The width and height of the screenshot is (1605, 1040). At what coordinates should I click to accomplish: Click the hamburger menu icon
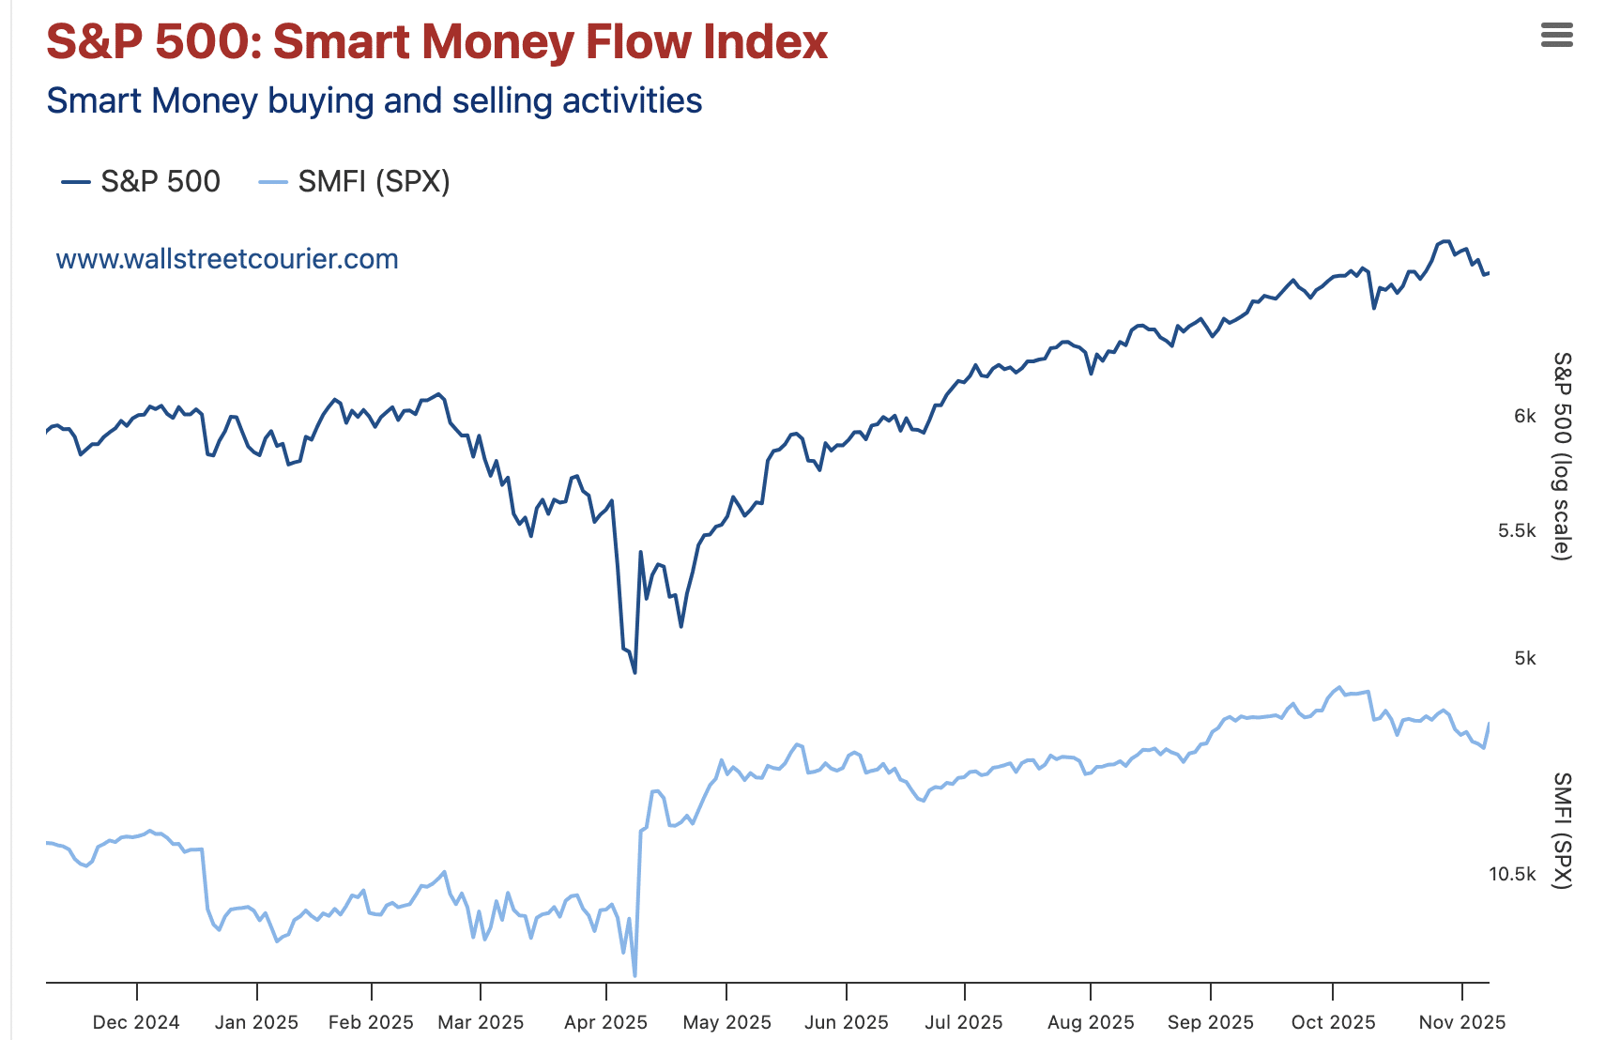tap(1556, 36)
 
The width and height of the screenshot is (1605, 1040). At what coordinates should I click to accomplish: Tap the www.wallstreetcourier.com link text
tap(227, 259)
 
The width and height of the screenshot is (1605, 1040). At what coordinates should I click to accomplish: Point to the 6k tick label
tap(1524, 416)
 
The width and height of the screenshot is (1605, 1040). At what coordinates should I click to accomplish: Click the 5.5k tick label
tap(1517, 530)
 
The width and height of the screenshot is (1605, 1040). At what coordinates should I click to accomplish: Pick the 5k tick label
tap(1524, 658)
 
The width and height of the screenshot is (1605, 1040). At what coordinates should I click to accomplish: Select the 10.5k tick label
tap(1512, 874)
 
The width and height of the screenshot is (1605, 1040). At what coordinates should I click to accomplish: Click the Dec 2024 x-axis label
tap(136, 1022)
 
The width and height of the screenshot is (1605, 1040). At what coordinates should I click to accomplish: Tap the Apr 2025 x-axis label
tap(605, 1022)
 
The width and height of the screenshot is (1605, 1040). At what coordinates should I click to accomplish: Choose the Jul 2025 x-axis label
tap(964, 1022)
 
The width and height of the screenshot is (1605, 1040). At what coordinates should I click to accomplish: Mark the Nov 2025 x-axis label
tap(1461, 1022)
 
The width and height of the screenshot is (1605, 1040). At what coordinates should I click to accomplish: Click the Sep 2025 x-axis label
tap(1210, 1022)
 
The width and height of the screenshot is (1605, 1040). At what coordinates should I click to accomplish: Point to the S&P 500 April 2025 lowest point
tap(634, 672)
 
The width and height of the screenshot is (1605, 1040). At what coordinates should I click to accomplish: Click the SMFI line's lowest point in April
tap(635, 975)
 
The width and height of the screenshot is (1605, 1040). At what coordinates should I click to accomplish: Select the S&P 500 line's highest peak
tap(1445, 241)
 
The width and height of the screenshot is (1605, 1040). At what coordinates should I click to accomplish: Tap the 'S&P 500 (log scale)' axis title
tap(1561, 456)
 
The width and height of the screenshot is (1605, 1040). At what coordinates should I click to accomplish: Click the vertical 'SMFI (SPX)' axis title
tap(1561, 830)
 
